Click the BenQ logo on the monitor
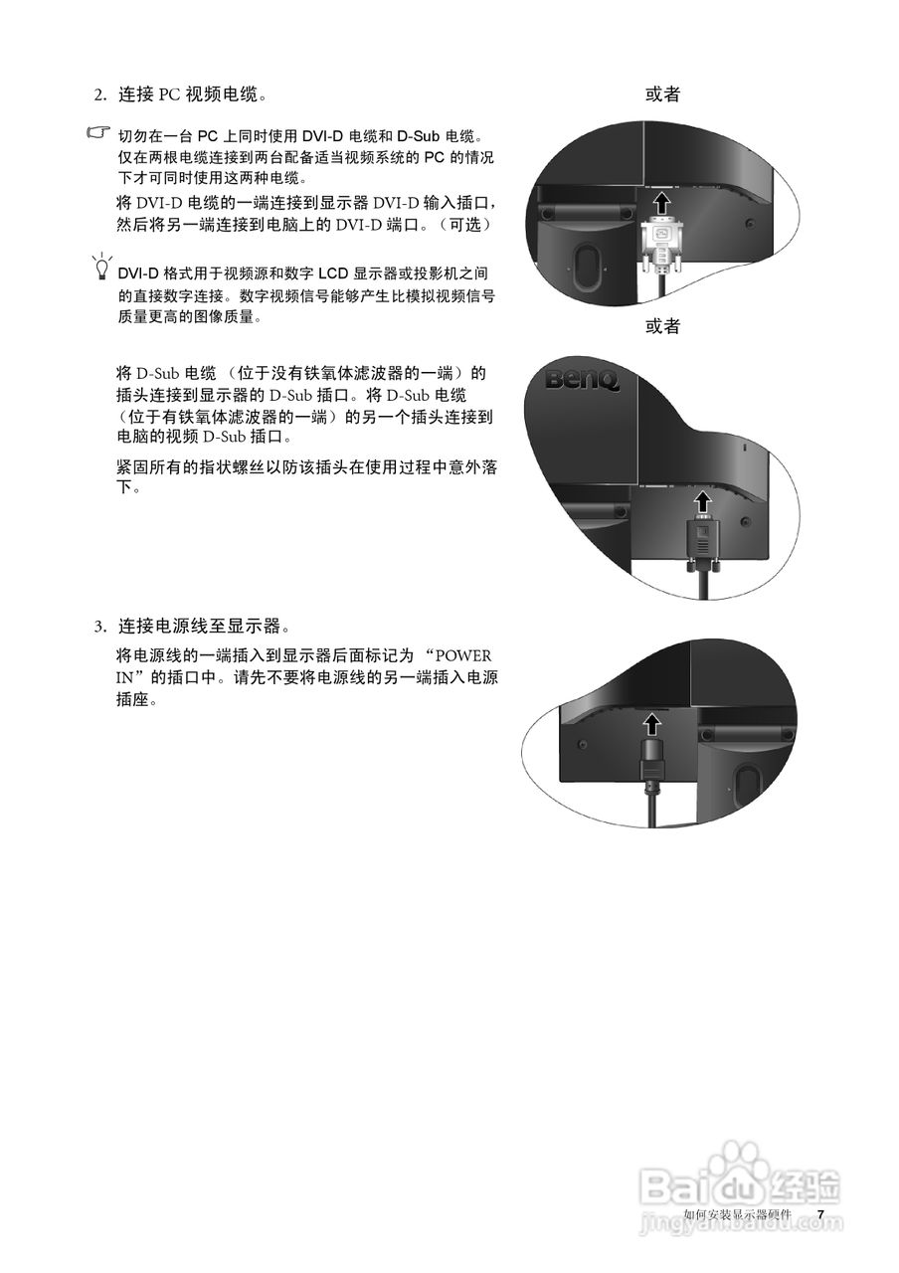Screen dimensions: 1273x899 click(x=583, y=379)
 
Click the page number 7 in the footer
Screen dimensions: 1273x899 click(x=820, y=1214)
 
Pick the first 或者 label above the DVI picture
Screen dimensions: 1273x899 click(x=662, y=94)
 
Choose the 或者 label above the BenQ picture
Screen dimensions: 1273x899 click(x=662, y=327)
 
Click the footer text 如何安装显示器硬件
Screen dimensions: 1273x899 click(x=738, y=1214)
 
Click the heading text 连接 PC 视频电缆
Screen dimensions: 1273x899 click(x=192, y=95)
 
